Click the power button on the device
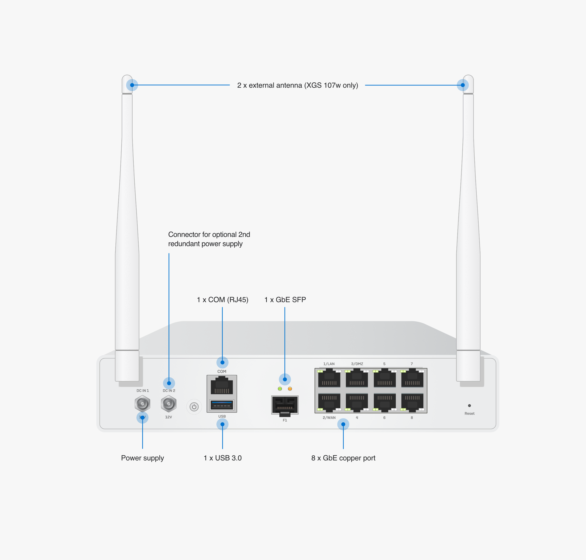pyautogui.click(x=194, y=407)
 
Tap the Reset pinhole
pyautogui.click(x=469, y=406)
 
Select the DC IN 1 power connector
pyautogui.click(x=142, y=404)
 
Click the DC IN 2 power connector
pyautogui.click(x=169, y=404)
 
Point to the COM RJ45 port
pyautogui.click(x=222, y=386)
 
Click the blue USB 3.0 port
pyautogui.click(x=222, y=405)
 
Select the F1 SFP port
pyautogui.click(x=285, y=405)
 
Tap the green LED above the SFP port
pyautogui.click(x=280, y=389)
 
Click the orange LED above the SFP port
pyautogui.click(x=290, y=389)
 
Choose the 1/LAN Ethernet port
pyautogui.click(x=329, y=378)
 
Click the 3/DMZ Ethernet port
pyautogui.click(x=357, y=378)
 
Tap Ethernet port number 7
pyautogui.click(x=412, y=378)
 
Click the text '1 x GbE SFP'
pyautogui.click(x=285, y=300)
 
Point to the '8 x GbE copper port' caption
pyautogui.click(x=343, y=458)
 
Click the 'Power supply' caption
pyautogui.click(x=142, y=458)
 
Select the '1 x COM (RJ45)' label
pyautogui.click(x=222, y=300)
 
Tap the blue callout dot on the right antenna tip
pyautogui.click(x=463, y=85)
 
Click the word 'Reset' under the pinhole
pyautogui.click(x=469, y=414)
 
